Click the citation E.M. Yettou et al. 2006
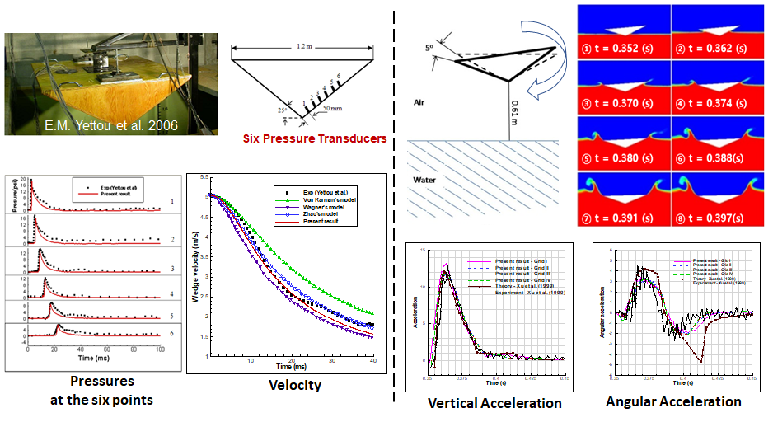(x=112, y=125)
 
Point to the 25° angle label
(x=283, y=110)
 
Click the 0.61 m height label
(x=515, y=109)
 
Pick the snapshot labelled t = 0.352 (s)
(x=624, y=34)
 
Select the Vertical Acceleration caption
(x=494, y=403)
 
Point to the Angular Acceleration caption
(x=673, y=401)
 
